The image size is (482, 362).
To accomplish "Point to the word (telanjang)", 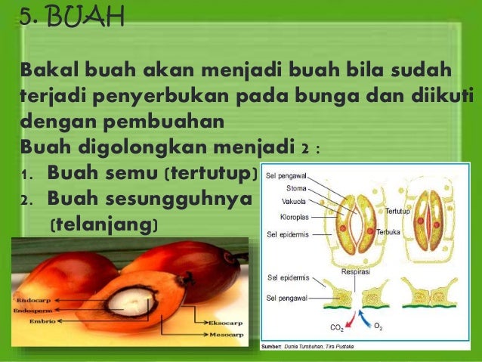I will point(103,224).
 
